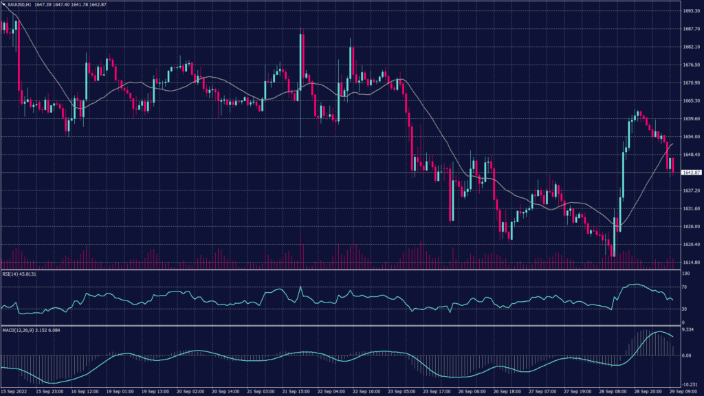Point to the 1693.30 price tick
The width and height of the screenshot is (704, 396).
tap(691, 11)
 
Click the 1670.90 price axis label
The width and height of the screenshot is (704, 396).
tap(691, 82)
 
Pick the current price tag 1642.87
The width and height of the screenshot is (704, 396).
tap(691, 172)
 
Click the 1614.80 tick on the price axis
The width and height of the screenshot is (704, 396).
tap(691, 262)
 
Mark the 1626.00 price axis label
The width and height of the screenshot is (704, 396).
tap(691, 226)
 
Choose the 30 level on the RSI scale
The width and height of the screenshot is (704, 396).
tap(685, 309)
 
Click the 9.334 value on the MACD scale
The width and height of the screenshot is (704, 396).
tap(689, 330)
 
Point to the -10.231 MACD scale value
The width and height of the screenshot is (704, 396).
tap(690, 384)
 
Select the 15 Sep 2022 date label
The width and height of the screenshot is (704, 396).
tap(15, 392)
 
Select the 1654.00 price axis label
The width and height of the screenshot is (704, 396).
tap(691, 137)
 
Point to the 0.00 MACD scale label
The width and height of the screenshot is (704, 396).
tap(687, 355)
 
